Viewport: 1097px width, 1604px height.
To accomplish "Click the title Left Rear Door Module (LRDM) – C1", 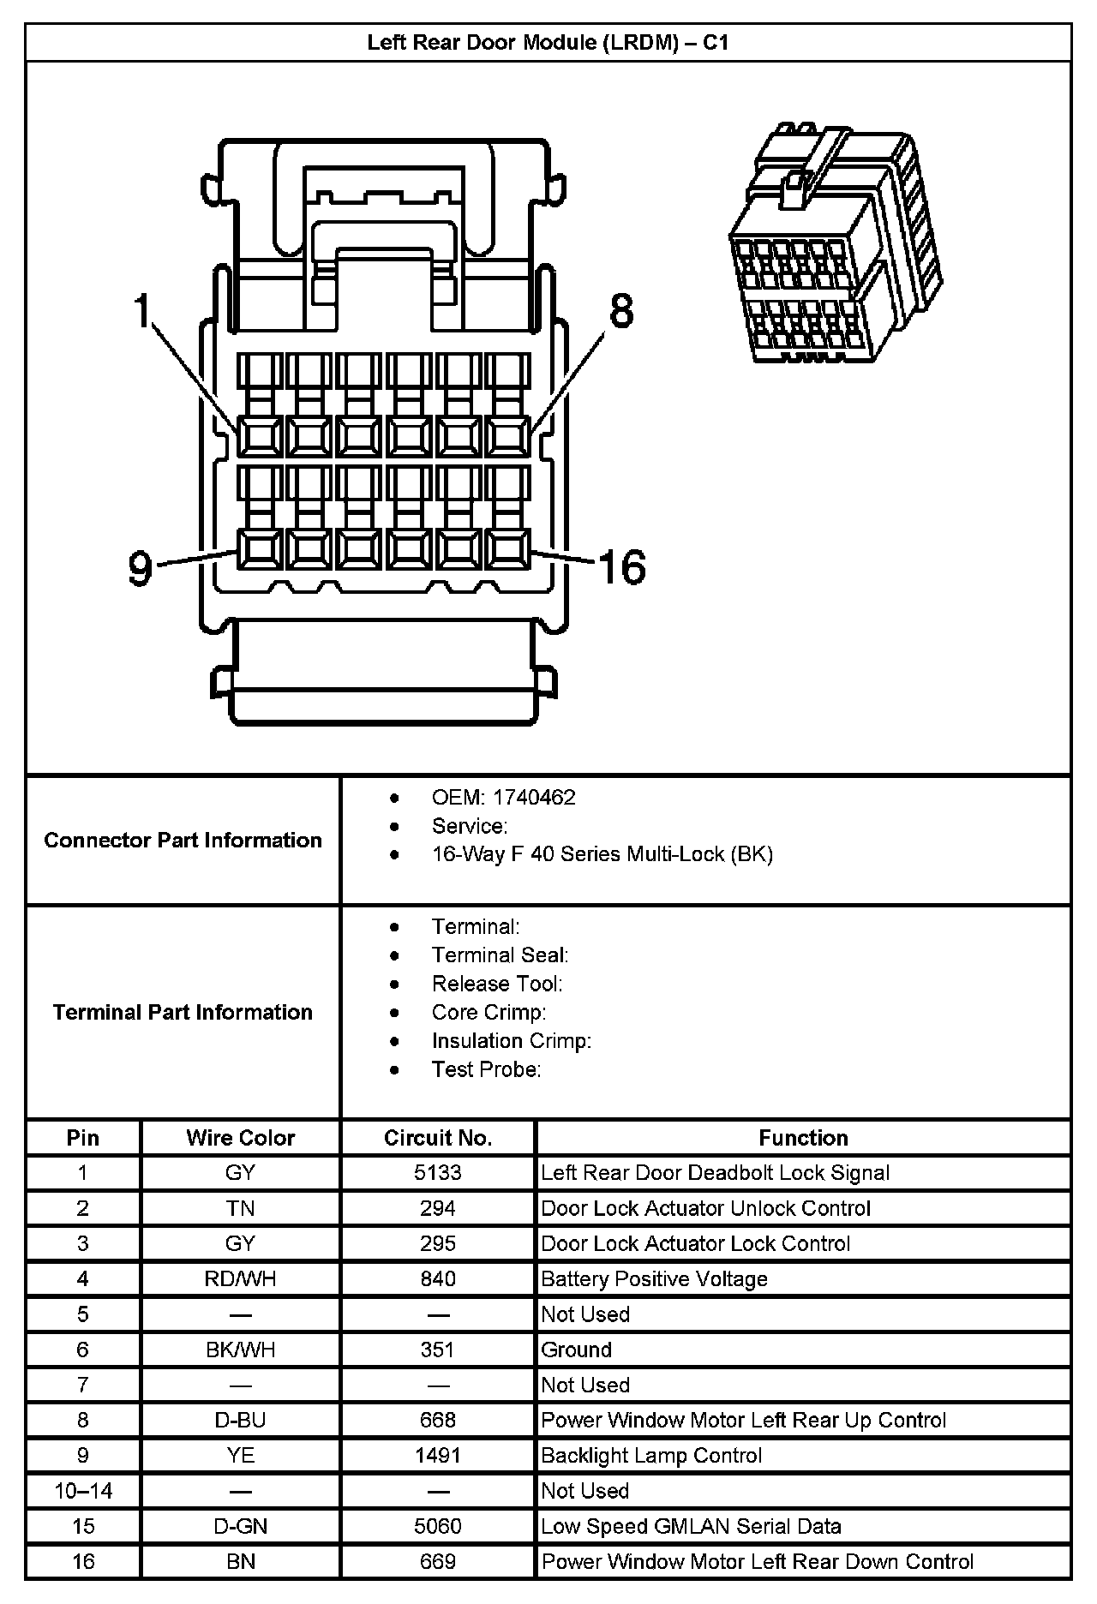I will point(548,43).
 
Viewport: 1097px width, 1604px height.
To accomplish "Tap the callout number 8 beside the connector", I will point(621,310).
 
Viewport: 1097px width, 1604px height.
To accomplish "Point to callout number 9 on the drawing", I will point(141,567).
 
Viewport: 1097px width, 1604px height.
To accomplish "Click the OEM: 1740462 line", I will point(503,798).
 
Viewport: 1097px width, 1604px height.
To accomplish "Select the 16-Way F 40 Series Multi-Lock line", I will point(602,854).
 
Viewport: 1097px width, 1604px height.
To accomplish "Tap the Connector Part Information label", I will point(183,840).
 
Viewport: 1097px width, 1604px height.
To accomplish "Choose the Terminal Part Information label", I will point(183,1012).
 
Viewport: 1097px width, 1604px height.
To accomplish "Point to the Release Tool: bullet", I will point(497,984).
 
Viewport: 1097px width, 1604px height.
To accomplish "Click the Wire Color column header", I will point(240,1138).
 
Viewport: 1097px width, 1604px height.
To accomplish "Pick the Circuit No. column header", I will point(437,1138).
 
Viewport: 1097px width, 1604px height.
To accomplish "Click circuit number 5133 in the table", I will point(437,1173).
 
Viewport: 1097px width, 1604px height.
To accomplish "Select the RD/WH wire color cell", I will point(240,1279).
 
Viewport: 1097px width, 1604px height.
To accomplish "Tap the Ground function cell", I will point(576,1350).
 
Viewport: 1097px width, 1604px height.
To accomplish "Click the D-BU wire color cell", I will point(240,1420).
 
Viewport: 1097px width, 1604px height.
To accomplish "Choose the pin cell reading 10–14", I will point(83,1491).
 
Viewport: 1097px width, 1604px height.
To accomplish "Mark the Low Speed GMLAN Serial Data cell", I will point(691,1526).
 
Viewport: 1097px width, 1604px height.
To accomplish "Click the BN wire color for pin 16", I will point(241,1561).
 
